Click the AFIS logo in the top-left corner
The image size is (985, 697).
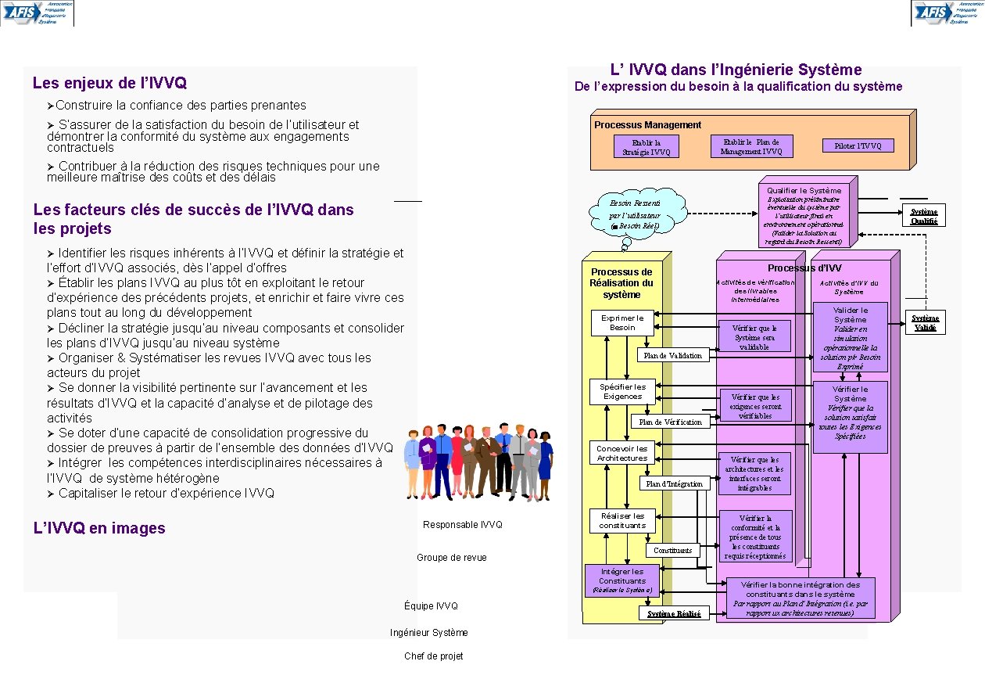37,13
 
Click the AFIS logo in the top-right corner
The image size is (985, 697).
947,13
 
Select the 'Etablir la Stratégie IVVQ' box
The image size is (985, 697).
647,147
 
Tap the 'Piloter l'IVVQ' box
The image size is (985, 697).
858,146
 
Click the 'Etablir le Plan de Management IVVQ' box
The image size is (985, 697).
751,146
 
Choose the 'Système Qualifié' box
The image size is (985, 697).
924,216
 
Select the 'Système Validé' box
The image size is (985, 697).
925,322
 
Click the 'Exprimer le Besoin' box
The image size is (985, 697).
622,322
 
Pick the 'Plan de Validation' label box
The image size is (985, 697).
672,355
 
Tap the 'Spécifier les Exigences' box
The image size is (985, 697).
622,391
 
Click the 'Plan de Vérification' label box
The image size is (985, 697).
670,422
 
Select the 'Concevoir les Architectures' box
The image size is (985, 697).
622,453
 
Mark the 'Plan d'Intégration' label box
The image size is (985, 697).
674,483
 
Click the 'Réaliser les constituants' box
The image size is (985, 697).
622,520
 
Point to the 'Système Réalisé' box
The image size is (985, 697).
674,613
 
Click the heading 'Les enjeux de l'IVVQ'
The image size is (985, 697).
109,83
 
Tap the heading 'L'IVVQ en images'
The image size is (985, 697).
99,528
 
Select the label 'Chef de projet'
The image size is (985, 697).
433,656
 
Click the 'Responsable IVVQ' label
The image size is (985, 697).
463,525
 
